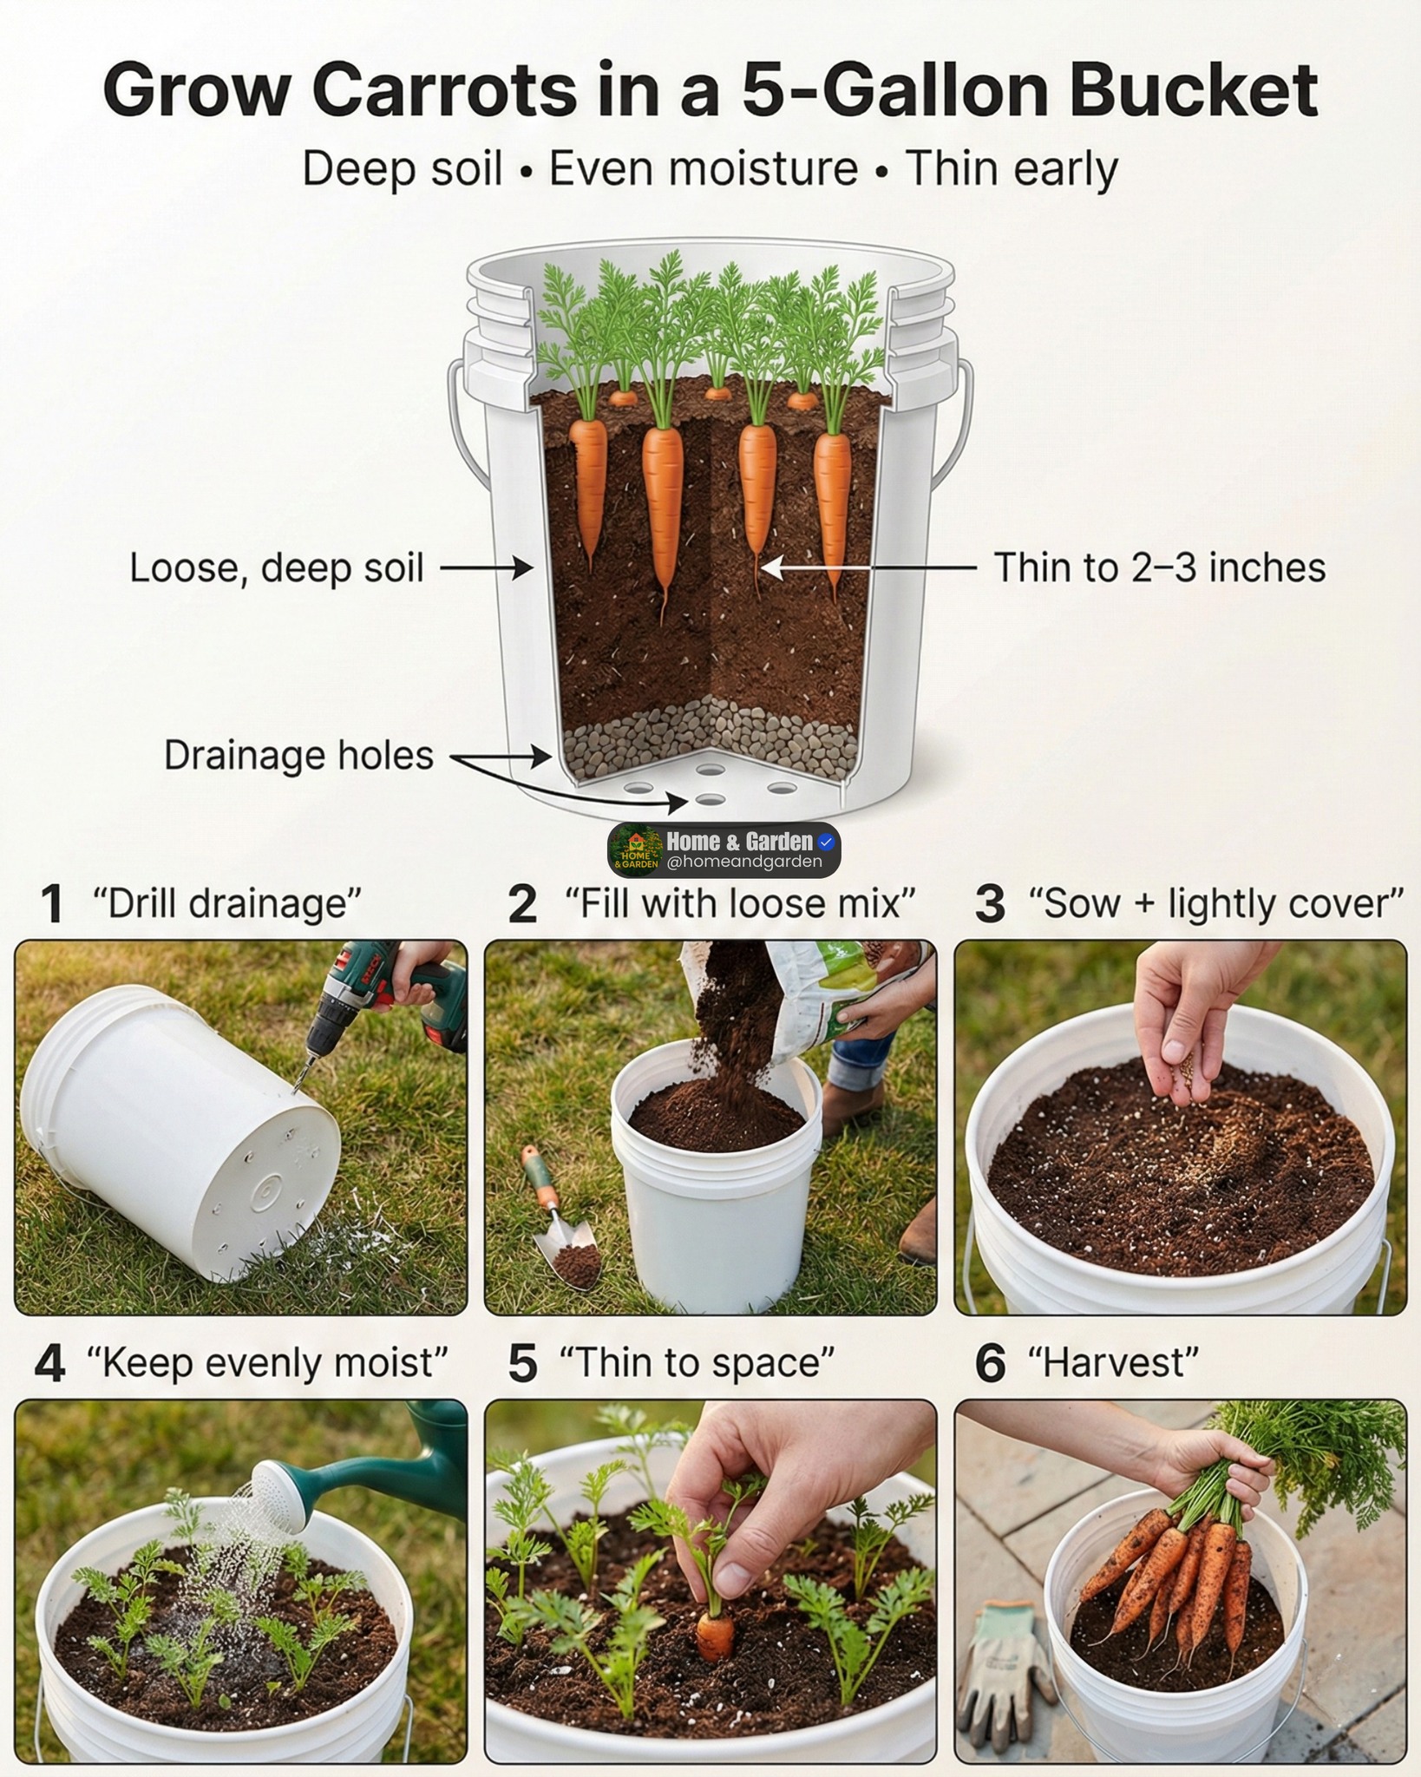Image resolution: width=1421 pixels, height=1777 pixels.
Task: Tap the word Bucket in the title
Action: point(1194,89)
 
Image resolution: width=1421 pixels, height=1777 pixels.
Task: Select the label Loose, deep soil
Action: point(277,568)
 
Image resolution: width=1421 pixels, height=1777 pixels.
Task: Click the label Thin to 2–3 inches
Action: point(1160,567)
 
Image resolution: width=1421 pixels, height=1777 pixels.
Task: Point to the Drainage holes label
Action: point(298,755)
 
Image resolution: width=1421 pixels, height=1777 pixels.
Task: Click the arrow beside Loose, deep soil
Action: point(486,568)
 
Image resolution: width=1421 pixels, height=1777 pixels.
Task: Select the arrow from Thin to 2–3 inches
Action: point(868,568)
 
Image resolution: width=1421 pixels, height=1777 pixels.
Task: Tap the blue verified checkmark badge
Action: point(826,841)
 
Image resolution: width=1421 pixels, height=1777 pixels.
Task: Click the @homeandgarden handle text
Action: point(744,862)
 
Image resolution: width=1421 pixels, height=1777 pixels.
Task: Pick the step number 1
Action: point(51,904)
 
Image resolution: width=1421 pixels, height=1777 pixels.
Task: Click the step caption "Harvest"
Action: point(1113,1362)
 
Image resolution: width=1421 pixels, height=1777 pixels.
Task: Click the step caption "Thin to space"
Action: point(697,1362)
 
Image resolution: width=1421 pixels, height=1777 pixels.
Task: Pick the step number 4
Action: point(50,1363)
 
